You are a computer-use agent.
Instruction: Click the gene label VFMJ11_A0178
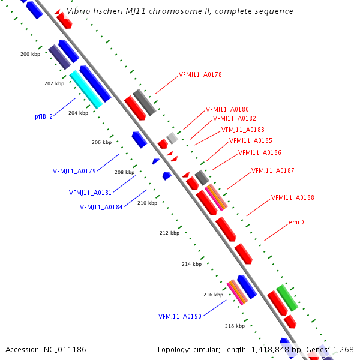point(200,75)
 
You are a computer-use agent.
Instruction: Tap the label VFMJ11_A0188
point(292,197)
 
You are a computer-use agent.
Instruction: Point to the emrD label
point(296,222)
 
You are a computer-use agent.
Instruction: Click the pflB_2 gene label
point(44,116)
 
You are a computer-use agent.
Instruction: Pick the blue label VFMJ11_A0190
point(179,316)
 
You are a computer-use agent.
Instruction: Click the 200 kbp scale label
point(30,54)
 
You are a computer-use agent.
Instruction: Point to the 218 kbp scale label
point(235,326)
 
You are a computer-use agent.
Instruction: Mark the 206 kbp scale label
point(101,142)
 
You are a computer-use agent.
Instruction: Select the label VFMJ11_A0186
point(259,152)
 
